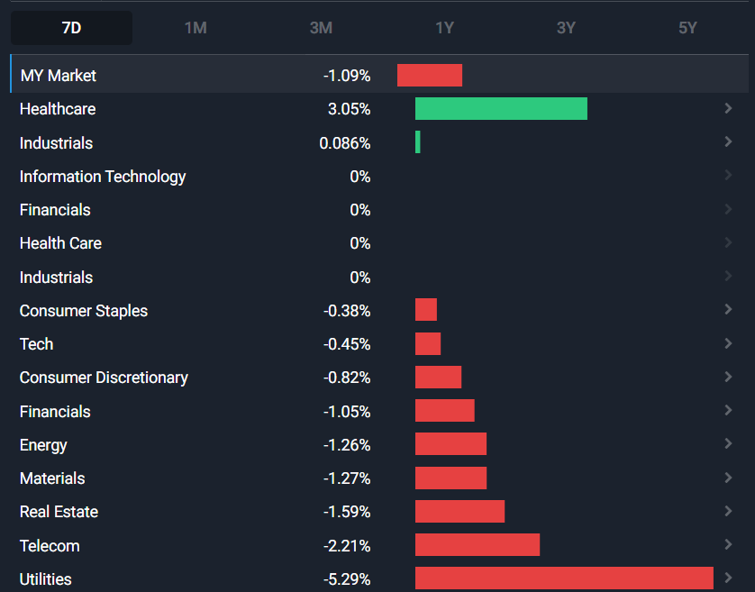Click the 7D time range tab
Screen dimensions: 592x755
[x=71, y=28]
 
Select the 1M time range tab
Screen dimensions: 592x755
[x=196, y=28]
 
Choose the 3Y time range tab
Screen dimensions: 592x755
[x=566, y=28]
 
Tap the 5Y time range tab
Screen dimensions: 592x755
[x=687, y=28]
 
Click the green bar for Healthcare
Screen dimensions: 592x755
[x=501, y=109]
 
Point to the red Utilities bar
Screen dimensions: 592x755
[x=564, y=578]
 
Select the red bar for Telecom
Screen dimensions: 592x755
[x=478, y=545]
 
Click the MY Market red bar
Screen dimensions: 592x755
[x=430, y=76]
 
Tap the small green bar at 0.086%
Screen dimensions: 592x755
[x=418, y=142]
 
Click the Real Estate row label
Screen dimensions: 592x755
[x=59, y=512]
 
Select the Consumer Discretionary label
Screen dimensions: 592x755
[x=104, y=378]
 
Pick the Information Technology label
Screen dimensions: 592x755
[x=103, y=177]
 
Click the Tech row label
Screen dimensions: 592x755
[x=36, y=344]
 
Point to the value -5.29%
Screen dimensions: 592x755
[x=347, y=579]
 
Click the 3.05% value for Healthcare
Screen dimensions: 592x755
[x=350, y=109]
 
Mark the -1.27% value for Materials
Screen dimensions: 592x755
[x=347, y=478]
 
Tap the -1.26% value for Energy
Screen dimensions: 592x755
[x=347, y=445]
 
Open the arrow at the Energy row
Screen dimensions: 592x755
[x=728, y=444]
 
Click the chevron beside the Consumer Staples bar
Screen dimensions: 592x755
[x=728, y=310]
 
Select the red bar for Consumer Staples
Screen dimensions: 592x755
[x=426, y=311]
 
